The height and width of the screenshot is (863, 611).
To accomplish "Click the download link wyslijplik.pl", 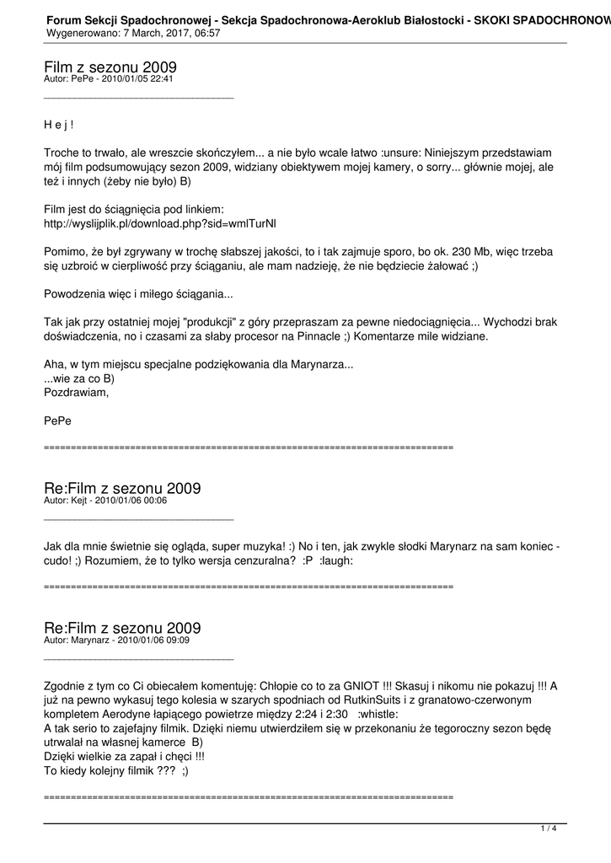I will [x=159, y=224].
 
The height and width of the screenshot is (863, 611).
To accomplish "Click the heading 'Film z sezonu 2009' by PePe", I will [x=110, y=67].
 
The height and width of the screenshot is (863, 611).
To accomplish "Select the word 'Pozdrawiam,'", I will [x=76, y=392].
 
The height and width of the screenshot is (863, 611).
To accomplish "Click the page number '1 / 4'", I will [x=549, y=828].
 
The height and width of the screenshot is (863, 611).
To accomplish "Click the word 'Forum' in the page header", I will [x=65, y=18].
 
